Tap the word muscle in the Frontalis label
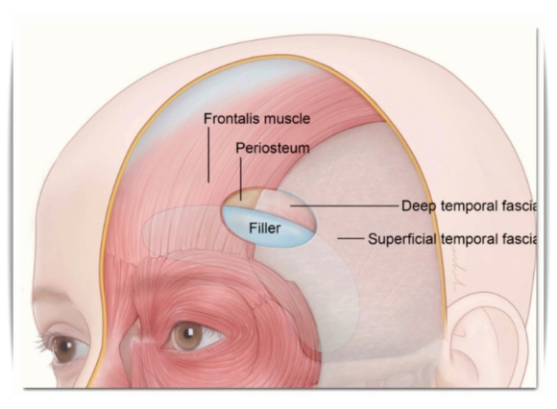click(289, 119)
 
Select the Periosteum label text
click(273, 148)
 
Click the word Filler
click(265, 228)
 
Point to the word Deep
click(419, 206)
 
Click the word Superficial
click(401, 239)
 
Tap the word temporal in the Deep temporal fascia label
click(467, 206)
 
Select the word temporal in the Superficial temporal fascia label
click(467, 239)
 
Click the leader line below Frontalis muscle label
click(208, 155)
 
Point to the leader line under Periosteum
click(241, 179)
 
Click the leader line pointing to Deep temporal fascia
click(345, 205)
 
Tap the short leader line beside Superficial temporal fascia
click(351, 238)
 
